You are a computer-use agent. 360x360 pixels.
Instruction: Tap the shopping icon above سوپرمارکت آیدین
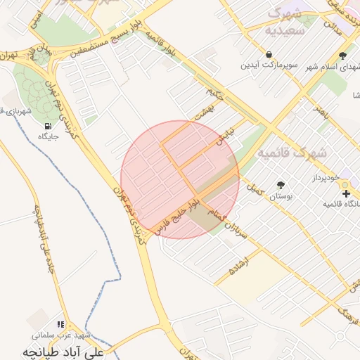click(269, 54)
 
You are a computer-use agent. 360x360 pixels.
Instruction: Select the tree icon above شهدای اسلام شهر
click(342, 56)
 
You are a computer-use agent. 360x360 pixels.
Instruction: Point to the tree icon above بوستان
click(281, 184)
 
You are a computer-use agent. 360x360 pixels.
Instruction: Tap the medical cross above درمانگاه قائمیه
click(345, 193)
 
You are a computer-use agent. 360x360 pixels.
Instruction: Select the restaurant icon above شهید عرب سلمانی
click(60, 324)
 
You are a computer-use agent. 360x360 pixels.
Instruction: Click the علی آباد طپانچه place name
click(63, 350)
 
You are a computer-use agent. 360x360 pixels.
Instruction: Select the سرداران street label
click(238, 229)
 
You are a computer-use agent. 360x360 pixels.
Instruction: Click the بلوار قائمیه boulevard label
click(162, 43)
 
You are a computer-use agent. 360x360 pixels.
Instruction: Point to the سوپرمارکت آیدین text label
click(270, 65)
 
